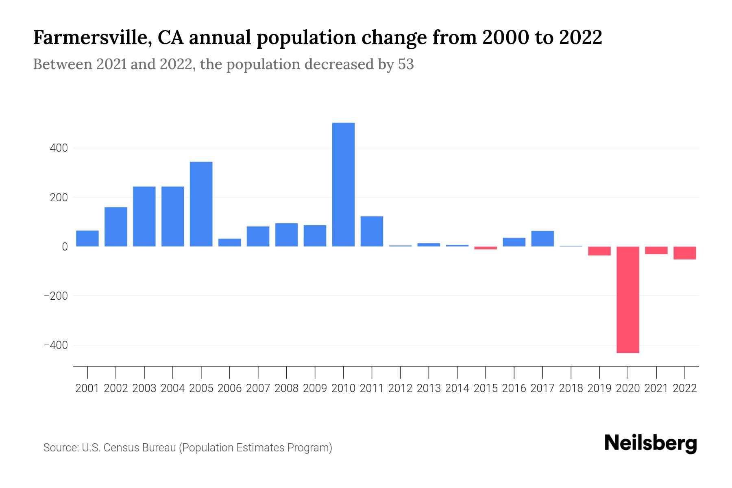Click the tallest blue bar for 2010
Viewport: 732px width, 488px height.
pyautogui.click(x=343, y=185)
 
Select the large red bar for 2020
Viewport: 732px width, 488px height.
pyautogui.click(x=628, y=300)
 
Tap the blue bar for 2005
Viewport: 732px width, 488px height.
pyautogui.click(x=201, y=204)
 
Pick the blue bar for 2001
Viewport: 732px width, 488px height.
pyautogui.click(x=87, y=239)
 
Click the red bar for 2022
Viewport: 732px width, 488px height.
pyautogui.click(x=685, y=253)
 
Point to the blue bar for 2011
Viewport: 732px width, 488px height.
pyautogui.click(x=372, y=231)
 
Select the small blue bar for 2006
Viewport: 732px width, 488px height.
pyautogui.click(x=230, y=242)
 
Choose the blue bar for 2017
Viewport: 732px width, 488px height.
pyautogui.click(x=542, y=239)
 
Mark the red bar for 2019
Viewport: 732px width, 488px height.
pyautogui.click(x=599, y=251)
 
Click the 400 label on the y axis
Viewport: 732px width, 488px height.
pyautogui.click(x=59, y=148)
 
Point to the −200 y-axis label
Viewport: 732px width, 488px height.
pyautogui.click(x=56, y=296)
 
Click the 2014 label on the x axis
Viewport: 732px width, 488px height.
pyautogui.click(x=457, y=388)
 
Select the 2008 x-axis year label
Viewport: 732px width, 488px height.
pyautogui.click(x=286, y=388)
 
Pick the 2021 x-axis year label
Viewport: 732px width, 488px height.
pyautogui.click(x=656, y=388)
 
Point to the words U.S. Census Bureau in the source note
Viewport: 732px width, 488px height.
pyautogui.click(x=129, y=448)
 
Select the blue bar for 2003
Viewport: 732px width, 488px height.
pyautogui.click(x=144, y=216)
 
